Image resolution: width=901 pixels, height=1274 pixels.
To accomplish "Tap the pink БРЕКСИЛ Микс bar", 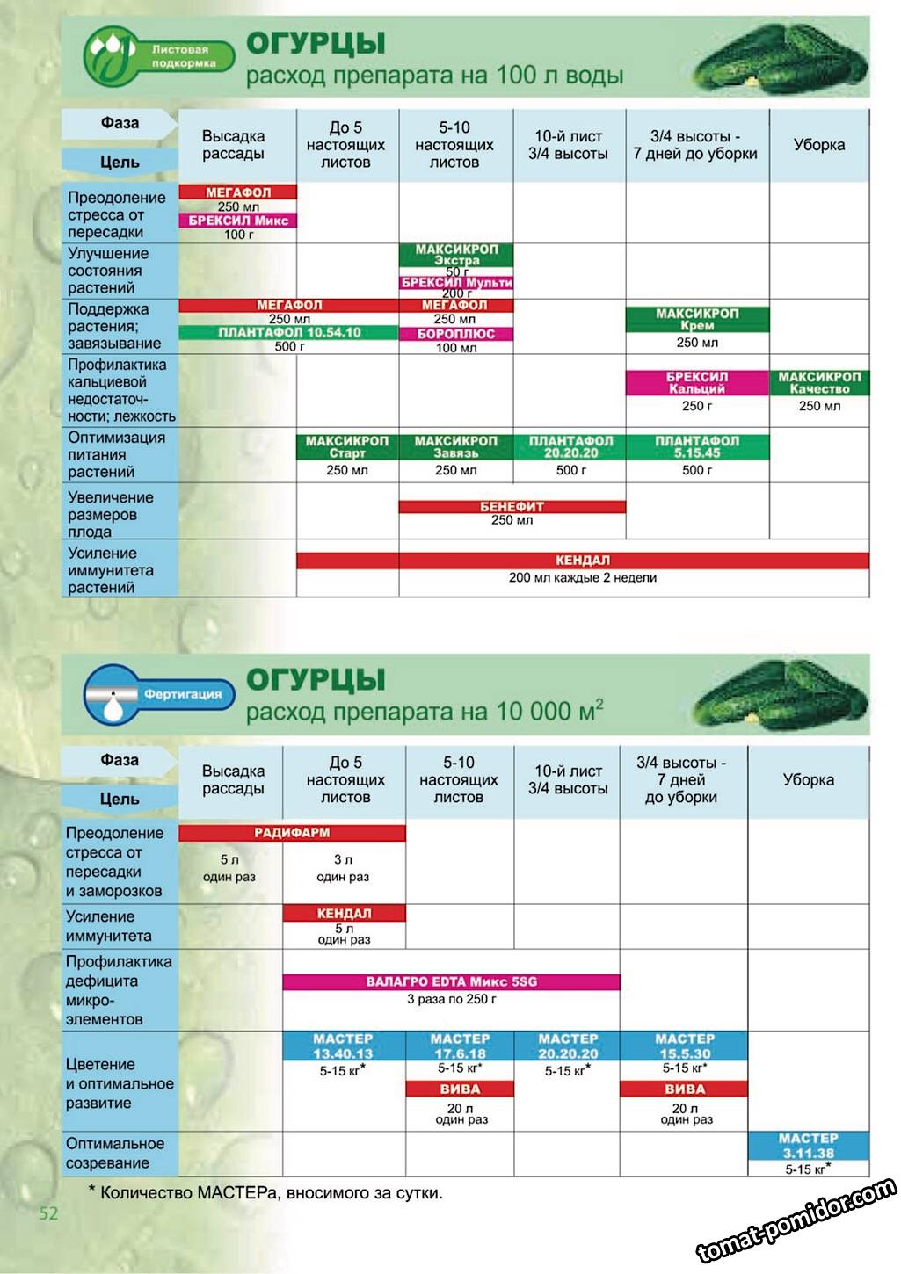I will (237, 221).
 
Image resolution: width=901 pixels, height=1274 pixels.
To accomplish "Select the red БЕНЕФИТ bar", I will (512, 507).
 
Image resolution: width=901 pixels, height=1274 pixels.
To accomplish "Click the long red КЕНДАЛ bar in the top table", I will (582, 561).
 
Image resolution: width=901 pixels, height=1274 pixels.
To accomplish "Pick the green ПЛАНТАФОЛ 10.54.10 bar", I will (289, 333).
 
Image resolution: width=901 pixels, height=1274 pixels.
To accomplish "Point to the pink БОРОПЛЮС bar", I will (455, 334).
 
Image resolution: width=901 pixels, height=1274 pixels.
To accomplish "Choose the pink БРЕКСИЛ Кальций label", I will (697, 383).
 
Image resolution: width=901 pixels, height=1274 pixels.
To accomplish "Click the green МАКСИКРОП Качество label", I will (819, 383).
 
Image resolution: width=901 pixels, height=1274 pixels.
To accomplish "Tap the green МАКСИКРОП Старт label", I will (347, 447).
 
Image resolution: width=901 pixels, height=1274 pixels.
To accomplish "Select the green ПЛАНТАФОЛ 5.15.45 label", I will (697, 447).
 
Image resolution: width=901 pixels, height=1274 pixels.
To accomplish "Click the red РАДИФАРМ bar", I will (292, 833).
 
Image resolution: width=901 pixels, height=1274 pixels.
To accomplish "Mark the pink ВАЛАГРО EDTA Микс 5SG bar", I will (451, 981).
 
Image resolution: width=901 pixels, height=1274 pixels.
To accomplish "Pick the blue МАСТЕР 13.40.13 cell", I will (344, 1046).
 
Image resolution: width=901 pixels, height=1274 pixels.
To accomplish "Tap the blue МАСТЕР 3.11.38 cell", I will (808, 1146).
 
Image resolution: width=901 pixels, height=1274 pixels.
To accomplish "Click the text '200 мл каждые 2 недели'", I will (582, 578).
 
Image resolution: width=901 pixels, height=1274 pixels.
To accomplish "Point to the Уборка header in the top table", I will (818, 145).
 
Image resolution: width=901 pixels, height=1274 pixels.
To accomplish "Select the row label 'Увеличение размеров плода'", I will (111, 514).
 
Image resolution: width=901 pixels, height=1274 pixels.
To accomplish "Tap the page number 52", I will (48, 1213).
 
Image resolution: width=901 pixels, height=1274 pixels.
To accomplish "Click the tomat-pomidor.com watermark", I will (796, 1220).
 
